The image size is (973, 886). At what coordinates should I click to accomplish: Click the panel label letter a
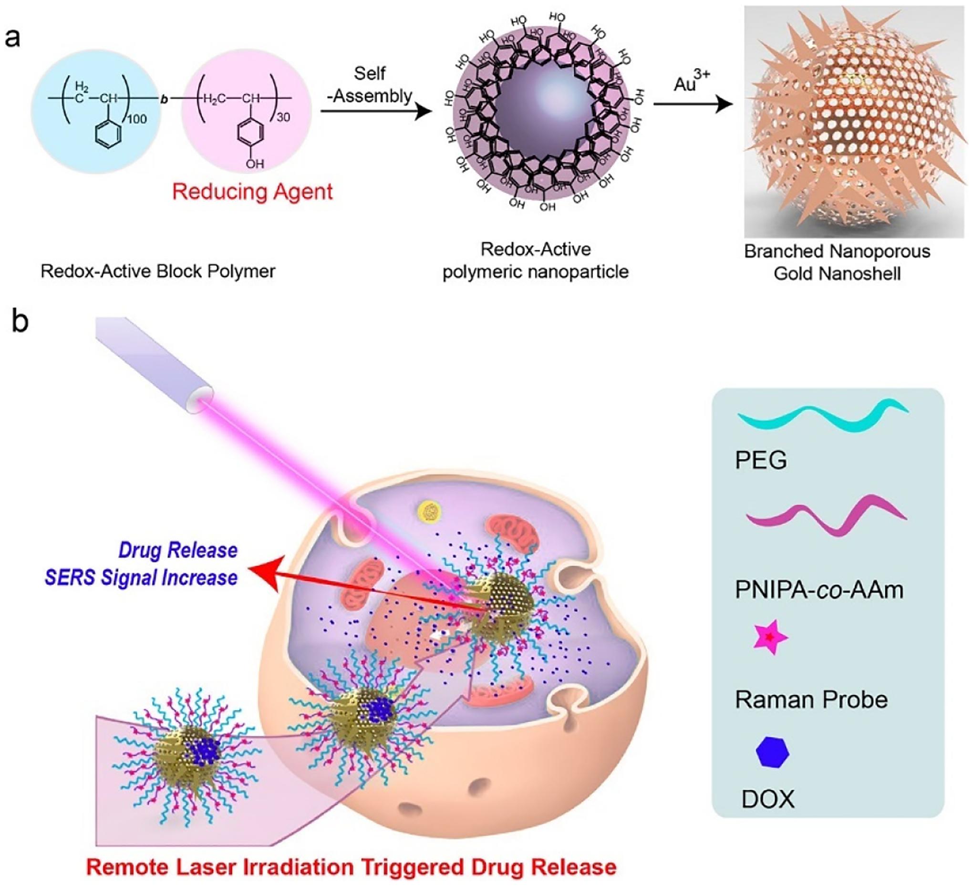point(12,38)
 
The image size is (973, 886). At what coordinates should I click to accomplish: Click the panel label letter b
point(20,322)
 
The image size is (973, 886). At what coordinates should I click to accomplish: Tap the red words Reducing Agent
point(252,192)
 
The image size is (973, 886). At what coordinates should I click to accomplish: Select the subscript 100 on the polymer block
point(136,119)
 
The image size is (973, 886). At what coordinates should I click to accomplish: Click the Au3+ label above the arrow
point(692,82)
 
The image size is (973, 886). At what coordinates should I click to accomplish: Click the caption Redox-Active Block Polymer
point(158,272)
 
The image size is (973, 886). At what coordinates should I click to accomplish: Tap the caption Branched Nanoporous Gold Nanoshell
point(837,263)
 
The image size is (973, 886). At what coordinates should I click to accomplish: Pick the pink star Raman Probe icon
point(770,638)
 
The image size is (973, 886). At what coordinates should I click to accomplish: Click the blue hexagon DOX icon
point(772,752)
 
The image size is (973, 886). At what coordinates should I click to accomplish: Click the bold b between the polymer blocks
point(164,99)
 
